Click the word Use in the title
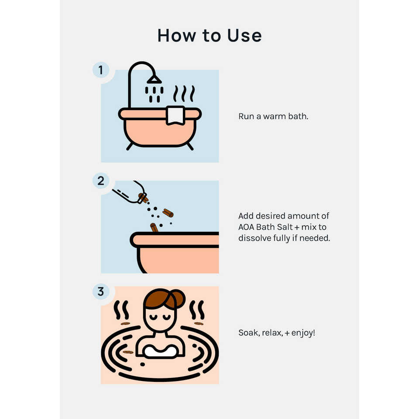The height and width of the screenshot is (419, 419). [244, 35]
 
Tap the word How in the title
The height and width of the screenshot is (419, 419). [177, 35]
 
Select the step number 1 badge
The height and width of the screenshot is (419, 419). [101, 70]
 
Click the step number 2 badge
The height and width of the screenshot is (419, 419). [101, 181]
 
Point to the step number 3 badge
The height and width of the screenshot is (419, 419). [101, 292]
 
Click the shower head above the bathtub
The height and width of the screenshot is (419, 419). [154, 79]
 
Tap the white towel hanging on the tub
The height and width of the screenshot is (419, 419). [175, 115]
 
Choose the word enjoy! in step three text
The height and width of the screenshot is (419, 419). [303, 333]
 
